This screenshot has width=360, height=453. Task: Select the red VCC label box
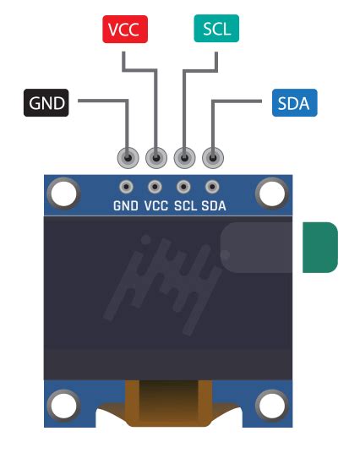click(x=125, y=30)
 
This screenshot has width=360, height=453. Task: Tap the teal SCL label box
click(x=216, y=30)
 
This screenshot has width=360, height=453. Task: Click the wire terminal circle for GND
click(x=128, y=157)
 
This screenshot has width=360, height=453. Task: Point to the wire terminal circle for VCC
click(x=156, y=157)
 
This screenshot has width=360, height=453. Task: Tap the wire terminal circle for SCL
click(x=184, y=157)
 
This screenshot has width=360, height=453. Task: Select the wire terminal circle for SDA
click(x=213, y=157)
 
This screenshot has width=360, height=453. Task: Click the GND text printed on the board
click(x=127, y=205)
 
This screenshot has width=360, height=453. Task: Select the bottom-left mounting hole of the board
click(x=63, y=406)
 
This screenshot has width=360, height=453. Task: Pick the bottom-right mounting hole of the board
click(x=271, y=406)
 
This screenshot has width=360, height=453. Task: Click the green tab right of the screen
click(x=320, y=247)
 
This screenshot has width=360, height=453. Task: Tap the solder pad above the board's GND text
click(x=127, y=187)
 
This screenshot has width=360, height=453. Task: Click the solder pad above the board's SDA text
click(x=213, y=187)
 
